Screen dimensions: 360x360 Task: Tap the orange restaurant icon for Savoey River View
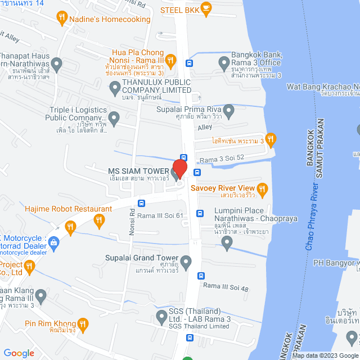click(x=262, y=188)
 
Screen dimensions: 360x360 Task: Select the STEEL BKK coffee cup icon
click(x=206, y=9)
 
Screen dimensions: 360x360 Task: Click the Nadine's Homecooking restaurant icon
click(x=62, y=19)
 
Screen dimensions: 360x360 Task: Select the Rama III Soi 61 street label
click(x=161, y=215)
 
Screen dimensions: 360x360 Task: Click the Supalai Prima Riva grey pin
click(x=228, y=109)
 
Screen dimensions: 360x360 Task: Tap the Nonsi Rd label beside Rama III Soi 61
click(x=133, y=215)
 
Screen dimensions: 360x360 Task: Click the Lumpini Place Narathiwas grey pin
click(x=227, y=244)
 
